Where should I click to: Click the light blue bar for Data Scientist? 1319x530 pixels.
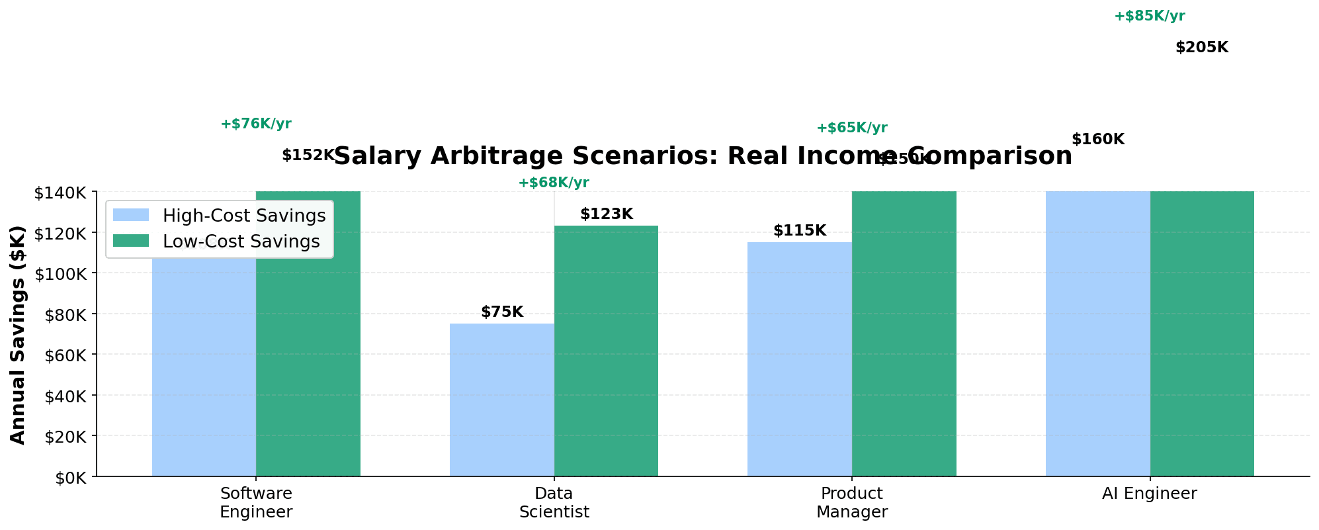pyautogui.click(x=501, y=400)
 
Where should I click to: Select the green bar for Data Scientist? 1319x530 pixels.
pyautogui.click(x=606, y=351)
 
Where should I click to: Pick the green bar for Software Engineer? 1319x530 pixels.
pyautogui.click(x=308, y=333)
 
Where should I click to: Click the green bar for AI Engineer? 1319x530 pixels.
pyautogui.click(x=1202, y=333)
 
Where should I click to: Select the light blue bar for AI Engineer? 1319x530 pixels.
pyautogui.click(x=1097, y=333)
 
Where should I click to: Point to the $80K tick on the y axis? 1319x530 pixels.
pyautogui.click(x=65, y=314)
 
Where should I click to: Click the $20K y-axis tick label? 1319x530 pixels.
pyautogui.click(x=65, y=436)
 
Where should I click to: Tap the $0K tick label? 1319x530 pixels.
pyautogui.click(x=69, y=477)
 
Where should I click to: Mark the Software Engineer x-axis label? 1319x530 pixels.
pyautogui.click(x=256, y=502)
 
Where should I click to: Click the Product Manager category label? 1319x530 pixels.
pyautogui.click(x=852, y=502)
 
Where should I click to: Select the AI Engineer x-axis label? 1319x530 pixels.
pyautogui.click(x=1150, y=494)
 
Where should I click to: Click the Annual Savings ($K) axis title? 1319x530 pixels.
pyautogui.click(x=18, y=335)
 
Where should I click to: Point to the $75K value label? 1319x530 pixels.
pyautogui.click(x=502, y=312)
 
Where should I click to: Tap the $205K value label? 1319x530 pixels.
pyautogui.click(x=1201, y=48)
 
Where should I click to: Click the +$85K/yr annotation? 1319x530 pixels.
pyautogui.click(x=1149, y=17)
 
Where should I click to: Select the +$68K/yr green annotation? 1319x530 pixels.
pyautogui.click(x=553, y=183)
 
